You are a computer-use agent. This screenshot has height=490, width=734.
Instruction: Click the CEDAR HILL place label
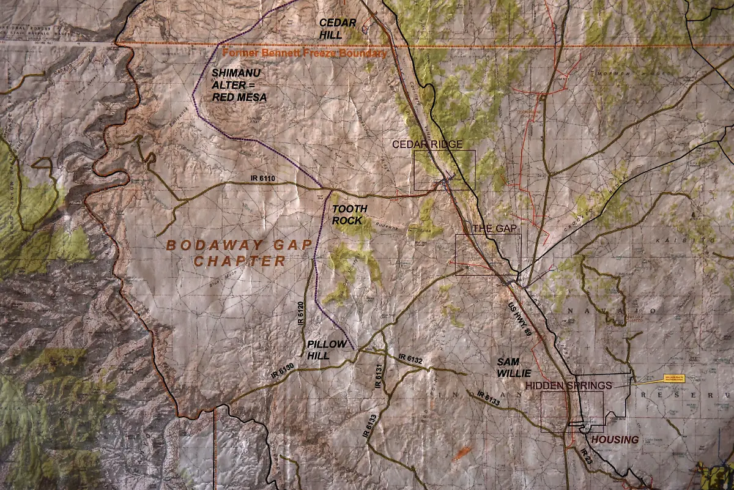(338, 28)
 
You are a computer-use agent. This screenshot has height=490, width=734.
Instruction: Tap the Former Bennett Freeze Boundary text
(305, 53)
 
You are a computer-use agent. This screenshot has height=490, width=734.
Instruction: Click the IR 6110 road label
(264, 179)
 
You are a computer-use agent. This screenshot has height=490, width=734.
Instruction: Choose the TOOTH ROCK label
(350, 215)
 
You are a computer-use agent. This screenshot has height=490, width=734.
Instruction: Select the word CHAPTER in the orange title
(240, 261)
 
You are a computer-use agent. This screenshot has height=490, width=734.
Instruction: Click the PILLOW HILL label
(327, 350)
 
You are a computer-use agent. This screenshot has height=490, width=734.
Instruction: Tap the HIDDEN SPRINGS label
(568, 385)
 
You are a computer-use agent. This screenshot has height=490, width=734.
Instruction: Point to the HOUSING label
(615, 439)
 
